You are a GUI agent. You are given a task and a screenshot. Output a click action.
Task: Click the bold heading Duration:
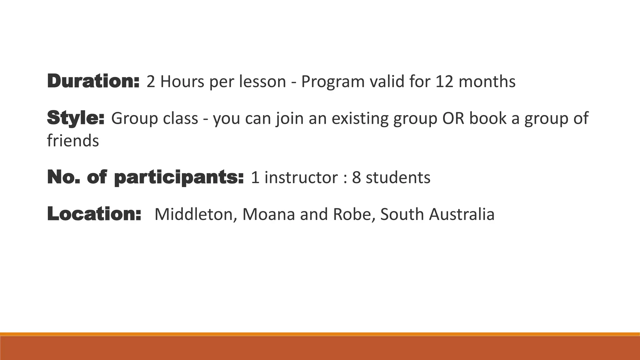pos(93,81)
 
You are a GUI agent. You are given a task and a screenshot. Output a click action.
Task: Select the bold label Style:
pos(76,118)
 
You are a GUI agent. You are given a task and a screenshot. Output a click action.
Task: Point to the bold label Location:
pos(94,214)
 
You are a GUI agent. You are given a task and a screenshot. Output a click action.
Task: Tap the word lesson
pos(262,82)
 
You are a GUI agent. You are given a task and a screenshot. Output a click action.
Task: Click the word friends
pos(73,140)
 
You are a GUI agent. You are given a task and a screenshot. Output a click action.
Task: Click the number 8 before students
pos(357,177)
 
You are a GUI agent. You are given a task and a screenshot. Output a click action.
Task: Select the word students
pos(398,177)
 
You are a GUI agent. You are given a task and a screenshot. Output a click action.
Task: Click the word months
pos(487,82)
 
